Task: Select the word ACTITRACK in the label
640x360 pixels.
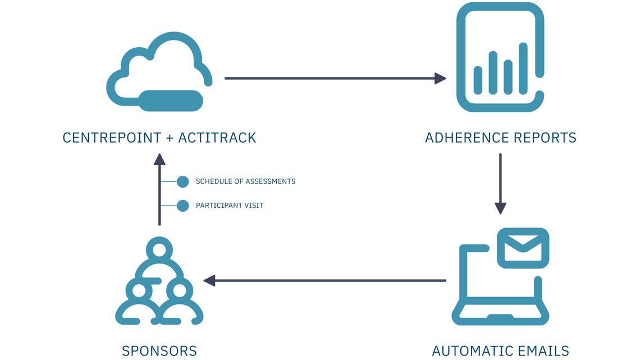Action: (x=217, y=138)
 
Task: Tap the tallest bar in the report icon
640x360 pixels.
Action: (x=523, y=68)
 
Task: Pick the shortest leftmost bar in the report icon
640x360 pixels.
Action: (x=478, y=80)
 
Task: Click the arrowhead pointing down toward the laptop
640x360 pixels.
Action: (x=500, y=208)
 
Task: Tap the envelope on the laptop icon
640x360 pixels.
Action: (x=523, y=248)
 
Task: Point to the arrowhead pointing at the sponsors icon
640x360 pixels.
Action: (x=209, y=280)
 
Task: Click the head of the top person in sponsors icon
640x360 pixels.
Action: (x=159, y=249)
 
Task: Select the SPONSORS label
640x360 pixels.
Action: (x=159, y=352)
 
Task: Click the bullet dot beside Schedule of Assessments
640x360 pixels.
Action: (x=182, y=181)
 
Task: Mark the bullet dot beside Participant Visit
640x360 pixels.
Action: (x=182, y=206)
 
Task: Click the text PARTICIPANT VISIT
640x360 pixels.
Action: (x=229, y=206)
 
